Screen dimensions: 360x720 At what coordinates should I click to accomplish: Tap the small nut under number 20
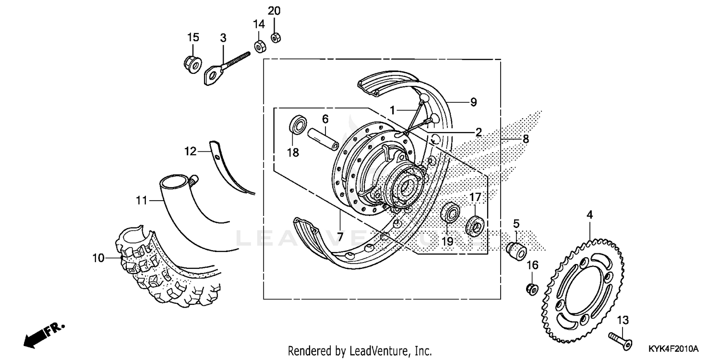(276, 37)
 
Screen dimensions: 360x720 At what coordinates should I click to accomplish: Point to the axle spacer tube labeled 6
(324, 138)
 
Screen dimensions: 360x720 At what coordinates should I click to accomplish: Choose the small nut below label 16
(531, 289)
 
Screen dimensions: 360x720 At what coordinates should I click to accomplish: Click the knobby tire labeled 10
(163, 269)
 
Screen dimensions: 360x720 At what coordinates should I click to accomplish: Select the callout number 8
(526, 139)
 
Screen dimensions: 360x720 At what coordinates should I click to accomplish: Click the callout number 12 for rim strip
(191, 152)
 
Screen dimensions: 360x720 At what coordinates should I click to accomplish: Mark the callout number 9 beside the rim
(473, 102)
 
